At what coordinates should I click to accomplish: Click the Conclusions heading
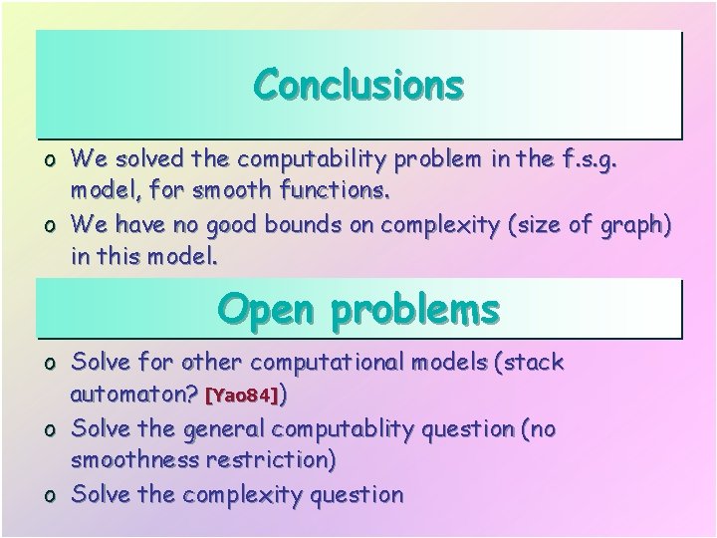click(x=358, y=85)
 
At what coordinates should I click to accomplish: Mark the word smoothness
click(x=133, y=461)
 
